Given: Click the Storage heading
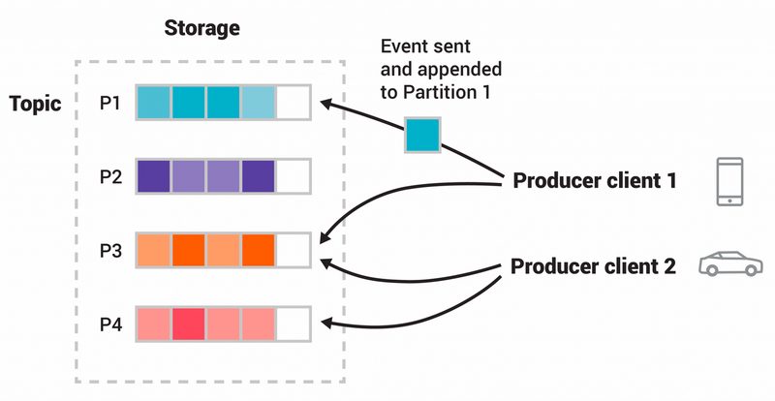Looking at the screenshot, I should point(201,28).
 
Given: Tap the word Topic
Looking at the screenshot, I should point(36,104).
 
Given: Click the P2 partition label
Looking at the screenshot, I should point(109,177).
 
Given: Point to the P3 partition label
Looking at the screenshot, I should point(109,251).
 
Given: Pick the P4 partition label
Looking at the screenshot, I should point(109,324).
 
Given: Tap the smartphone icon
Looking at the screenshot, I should point(730,181).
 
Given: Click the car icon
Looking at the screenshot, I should point(730,264).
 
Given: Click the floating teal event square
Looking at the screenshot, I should point(423,135).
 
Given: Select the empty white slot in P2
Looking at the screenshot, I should point(294,176).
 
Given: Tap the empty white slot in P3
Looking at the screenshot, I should point(294,250).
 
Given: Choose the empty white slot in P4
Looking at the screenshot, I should point(294,324).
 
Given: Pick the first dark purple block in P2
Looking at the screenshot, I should point(154,176).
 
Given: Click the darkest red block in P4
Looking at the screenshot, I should point(189,324).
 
